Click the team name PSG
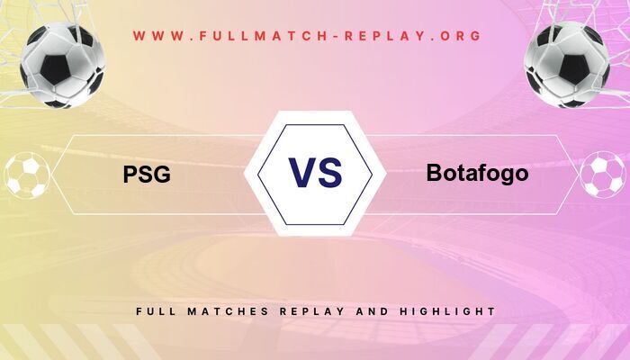click(x=147, y=174)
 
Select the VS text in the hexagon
click(x=315, y=173)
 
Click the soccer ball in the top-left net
click(x=63, y=66)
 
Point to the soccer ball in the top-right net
click(x=566, y=66)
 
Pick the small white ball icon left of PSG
click(x=27, y=175)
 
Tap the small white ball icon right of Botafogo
click(x=602, y=175)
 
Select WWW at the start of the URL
click(x=154, y=36)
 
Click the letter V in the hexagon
click(x=300, y=173)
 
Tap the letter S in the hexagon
click(x=330, y=173)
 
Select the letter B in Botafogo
click(x=435, y=173)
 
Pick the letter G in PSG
click(x=160, y=174)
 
